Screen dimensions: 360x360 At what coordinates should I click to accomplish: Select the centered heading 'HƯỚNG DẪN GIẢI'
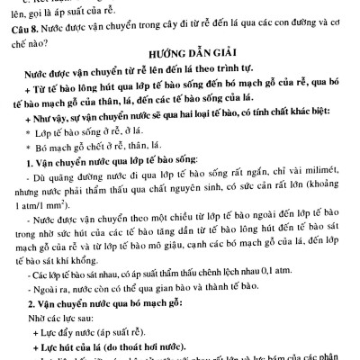point(180,57)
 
